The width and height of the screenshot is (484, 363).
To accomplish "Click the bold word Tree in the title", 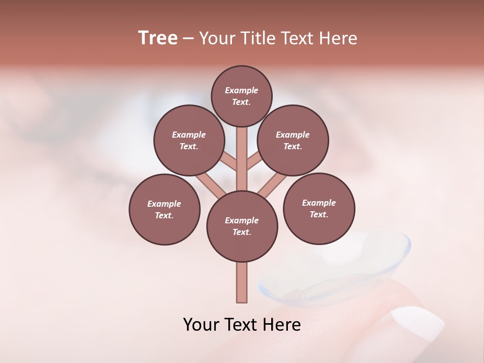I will pos(158,38).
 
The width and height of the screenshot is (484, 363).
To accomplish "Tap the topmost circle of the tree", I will pos(241,96).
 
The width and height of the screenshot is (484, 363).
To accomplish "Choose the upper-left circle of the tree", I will pos(189,140).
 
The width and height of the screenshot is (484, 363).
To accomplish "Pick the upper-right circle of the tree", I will pos(293,140).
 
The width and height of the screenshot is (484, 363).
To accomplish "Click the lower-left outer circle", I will pos(164,209).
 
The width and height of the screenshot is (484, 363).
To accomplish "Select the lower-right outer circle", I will pos(319,208).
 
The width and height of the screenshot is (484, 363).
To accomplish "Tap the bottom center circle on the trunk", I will pos(242,226).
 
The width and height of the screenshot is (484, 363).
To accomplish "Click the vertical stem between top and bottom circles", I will pos(242,159).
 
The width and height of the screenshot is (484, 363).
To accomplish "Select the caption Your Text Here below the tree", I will pos(242,325).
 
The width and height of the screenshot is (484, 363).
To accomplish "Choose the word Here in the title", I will pos(338,38).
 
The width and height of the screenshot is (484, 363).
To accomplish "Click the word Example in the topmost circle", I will pos(241,90).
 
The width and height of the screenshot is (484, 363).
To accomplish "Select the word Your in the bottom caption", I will pos(201,325).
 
